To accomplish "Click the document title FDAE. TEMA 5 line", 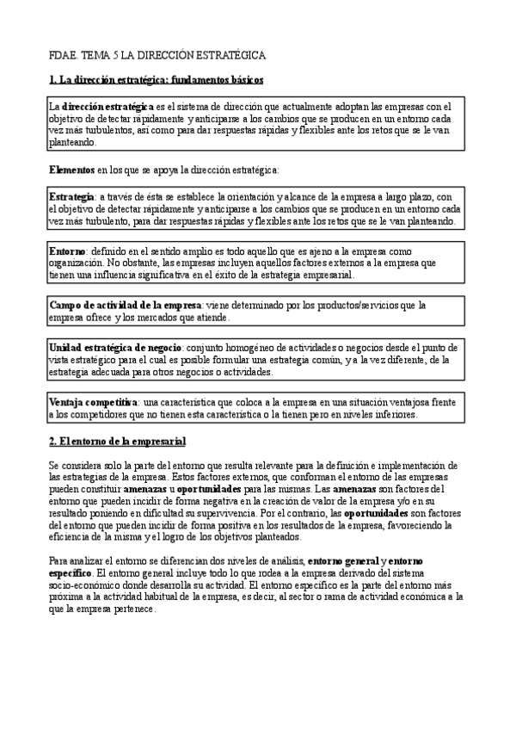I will [x=157, y=55].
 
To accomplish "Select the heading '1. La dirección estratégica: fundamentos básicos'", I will [x=156, y=80].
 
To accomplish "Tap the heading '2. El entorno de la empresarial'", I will [x=118, y=441].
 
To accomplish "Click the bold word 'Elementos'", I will [x=71, y=170].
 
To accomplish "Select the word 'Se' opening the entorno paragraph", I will [x=54, y=465].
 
